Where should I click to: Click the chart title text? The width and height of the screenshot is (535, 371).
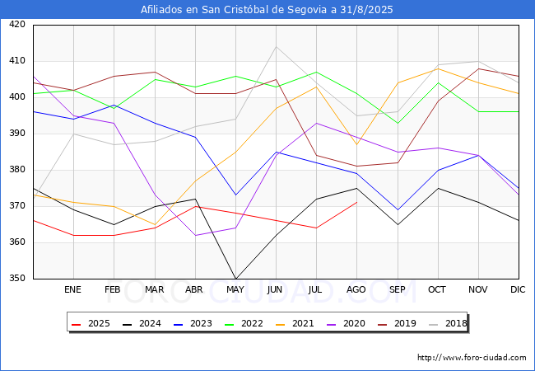click(x=267, y=10)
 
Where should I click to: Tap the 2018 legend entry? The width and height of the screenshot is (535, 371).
click(x=445, y=324)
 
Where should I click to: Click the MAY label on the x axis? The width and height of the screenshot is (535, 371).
click(x=235, y=290)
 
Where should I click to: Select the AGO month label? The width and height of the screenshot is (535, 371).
click(x=356, y=290)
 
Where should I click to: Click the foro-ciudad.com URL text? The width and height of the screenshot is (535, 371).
click(x=472, y=358)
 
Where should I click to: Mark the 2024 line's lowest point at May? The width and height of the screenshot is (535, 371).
click(x=235, y=279)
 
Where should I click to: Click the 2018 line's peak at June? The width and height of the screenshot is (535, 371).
click(x=276, y=46)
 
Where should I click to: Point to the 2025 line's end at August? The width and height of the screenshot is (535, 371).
click(x=356, y=202)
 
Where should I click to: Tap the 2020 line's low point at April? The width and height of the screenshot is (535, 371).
click(x=195, y=235)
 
